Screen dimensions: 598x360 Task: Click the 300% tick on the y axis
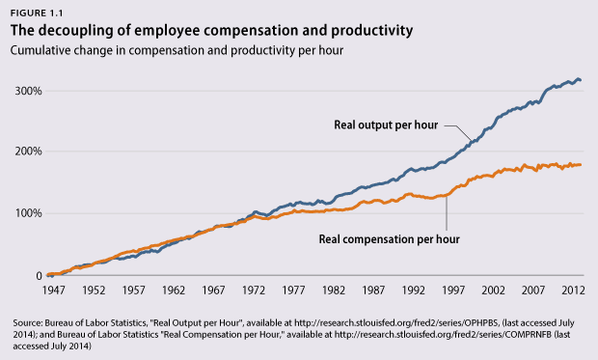(x=28, y=92)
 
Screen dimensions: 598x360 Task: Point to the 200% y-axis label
(x=28, y=152)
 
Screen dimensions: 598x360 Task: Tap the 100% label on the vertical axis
(x=28, y=213)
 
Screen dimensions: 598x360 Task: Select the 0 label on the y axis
(x=39, y=276)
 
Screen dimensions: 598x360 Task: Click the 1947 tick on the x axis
(x=53, y=291)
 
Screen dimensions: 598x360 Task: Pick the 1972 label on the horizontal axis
(x=254, y=291)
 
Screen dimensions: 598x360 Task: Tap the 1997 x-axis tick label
(x=453, y=291)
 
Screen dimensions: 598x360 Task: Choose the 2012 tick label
(x=573, y=291)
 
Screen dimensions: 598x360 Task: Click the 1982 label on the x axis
(x=334, y=291)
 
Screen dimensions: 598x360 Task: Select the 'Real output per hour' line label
(x=386, y=125)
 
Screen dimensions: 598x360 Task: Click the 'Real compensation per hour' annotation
(x=389, y=239)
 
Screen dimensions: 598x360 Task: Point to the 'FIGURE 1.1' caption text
(x=37, y=14)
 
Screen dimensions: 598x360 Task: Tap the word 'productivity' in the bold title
(x=372, y=31)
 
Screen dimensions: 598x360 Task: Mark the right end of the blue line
(x=580, y=80)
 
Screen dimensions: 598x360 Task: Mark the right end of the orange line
(x=580, y=164)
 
